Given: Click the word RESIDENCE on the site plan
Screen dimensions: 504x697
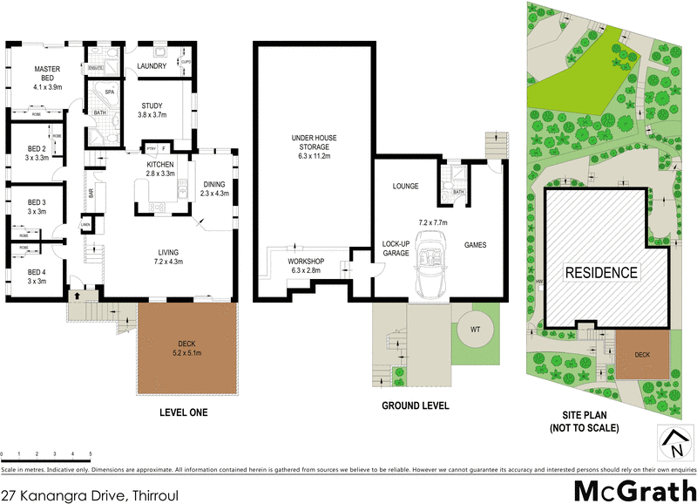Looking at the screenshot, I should pyautogui.click(x=602, y=272).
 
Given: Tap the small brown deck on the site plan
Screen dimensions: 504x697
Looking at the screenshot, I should pyautogui.click(x=642, y=355).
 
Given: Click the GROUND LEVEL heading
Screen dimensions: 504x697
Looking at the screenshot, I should pyautogui.click(x=415, y=405).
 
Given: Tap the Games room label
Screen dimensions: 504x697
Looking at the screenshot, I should pyautogui.click(x=474, y=246).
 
